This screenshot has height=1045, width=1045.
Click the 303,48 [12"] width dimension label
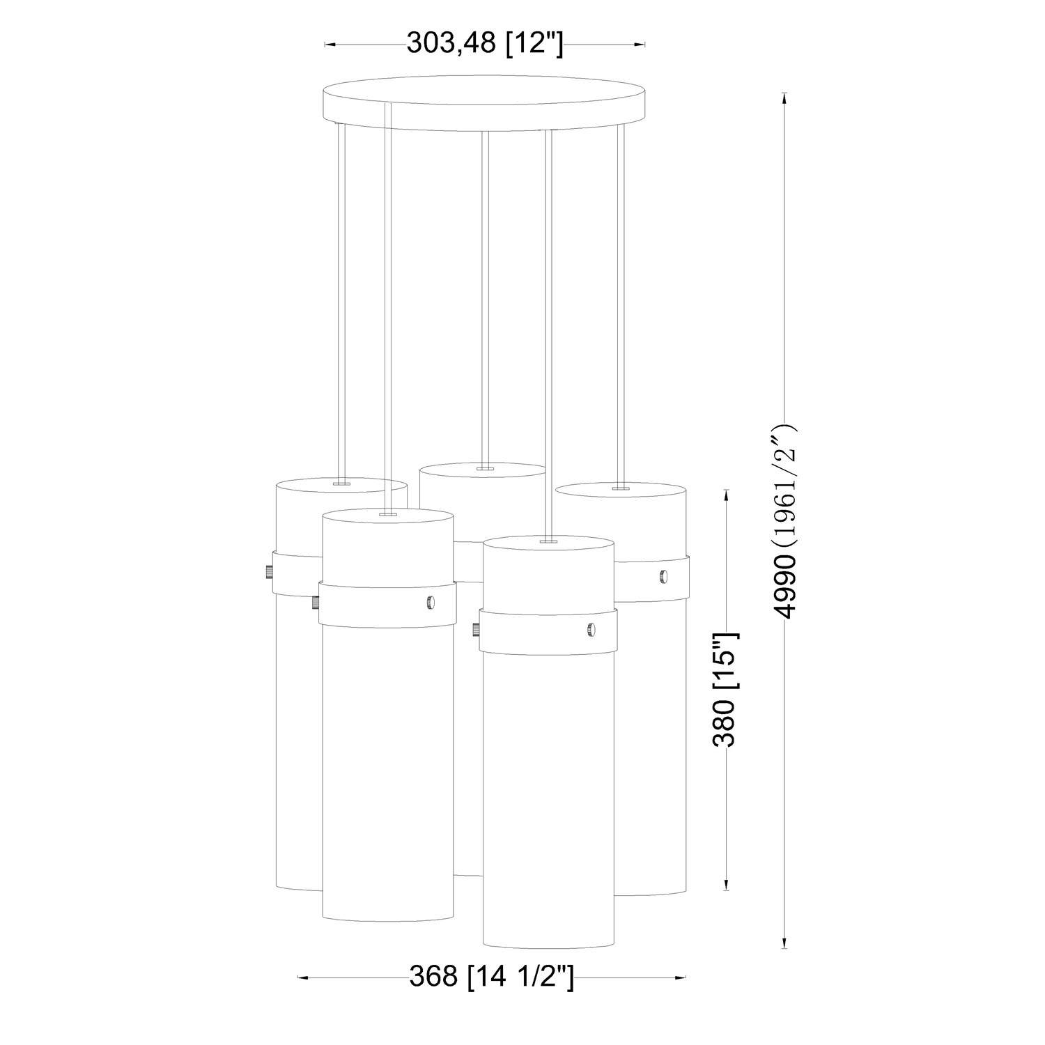484,44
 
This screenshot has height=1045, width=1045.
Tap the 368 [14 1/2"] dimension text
491,977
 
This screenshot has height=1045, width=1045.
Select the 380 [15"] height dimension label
725,689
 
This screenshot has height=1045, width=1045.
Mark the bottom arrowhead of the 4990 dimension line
785,942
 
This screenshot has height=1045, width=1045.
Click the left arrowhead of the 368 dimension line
304,977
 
